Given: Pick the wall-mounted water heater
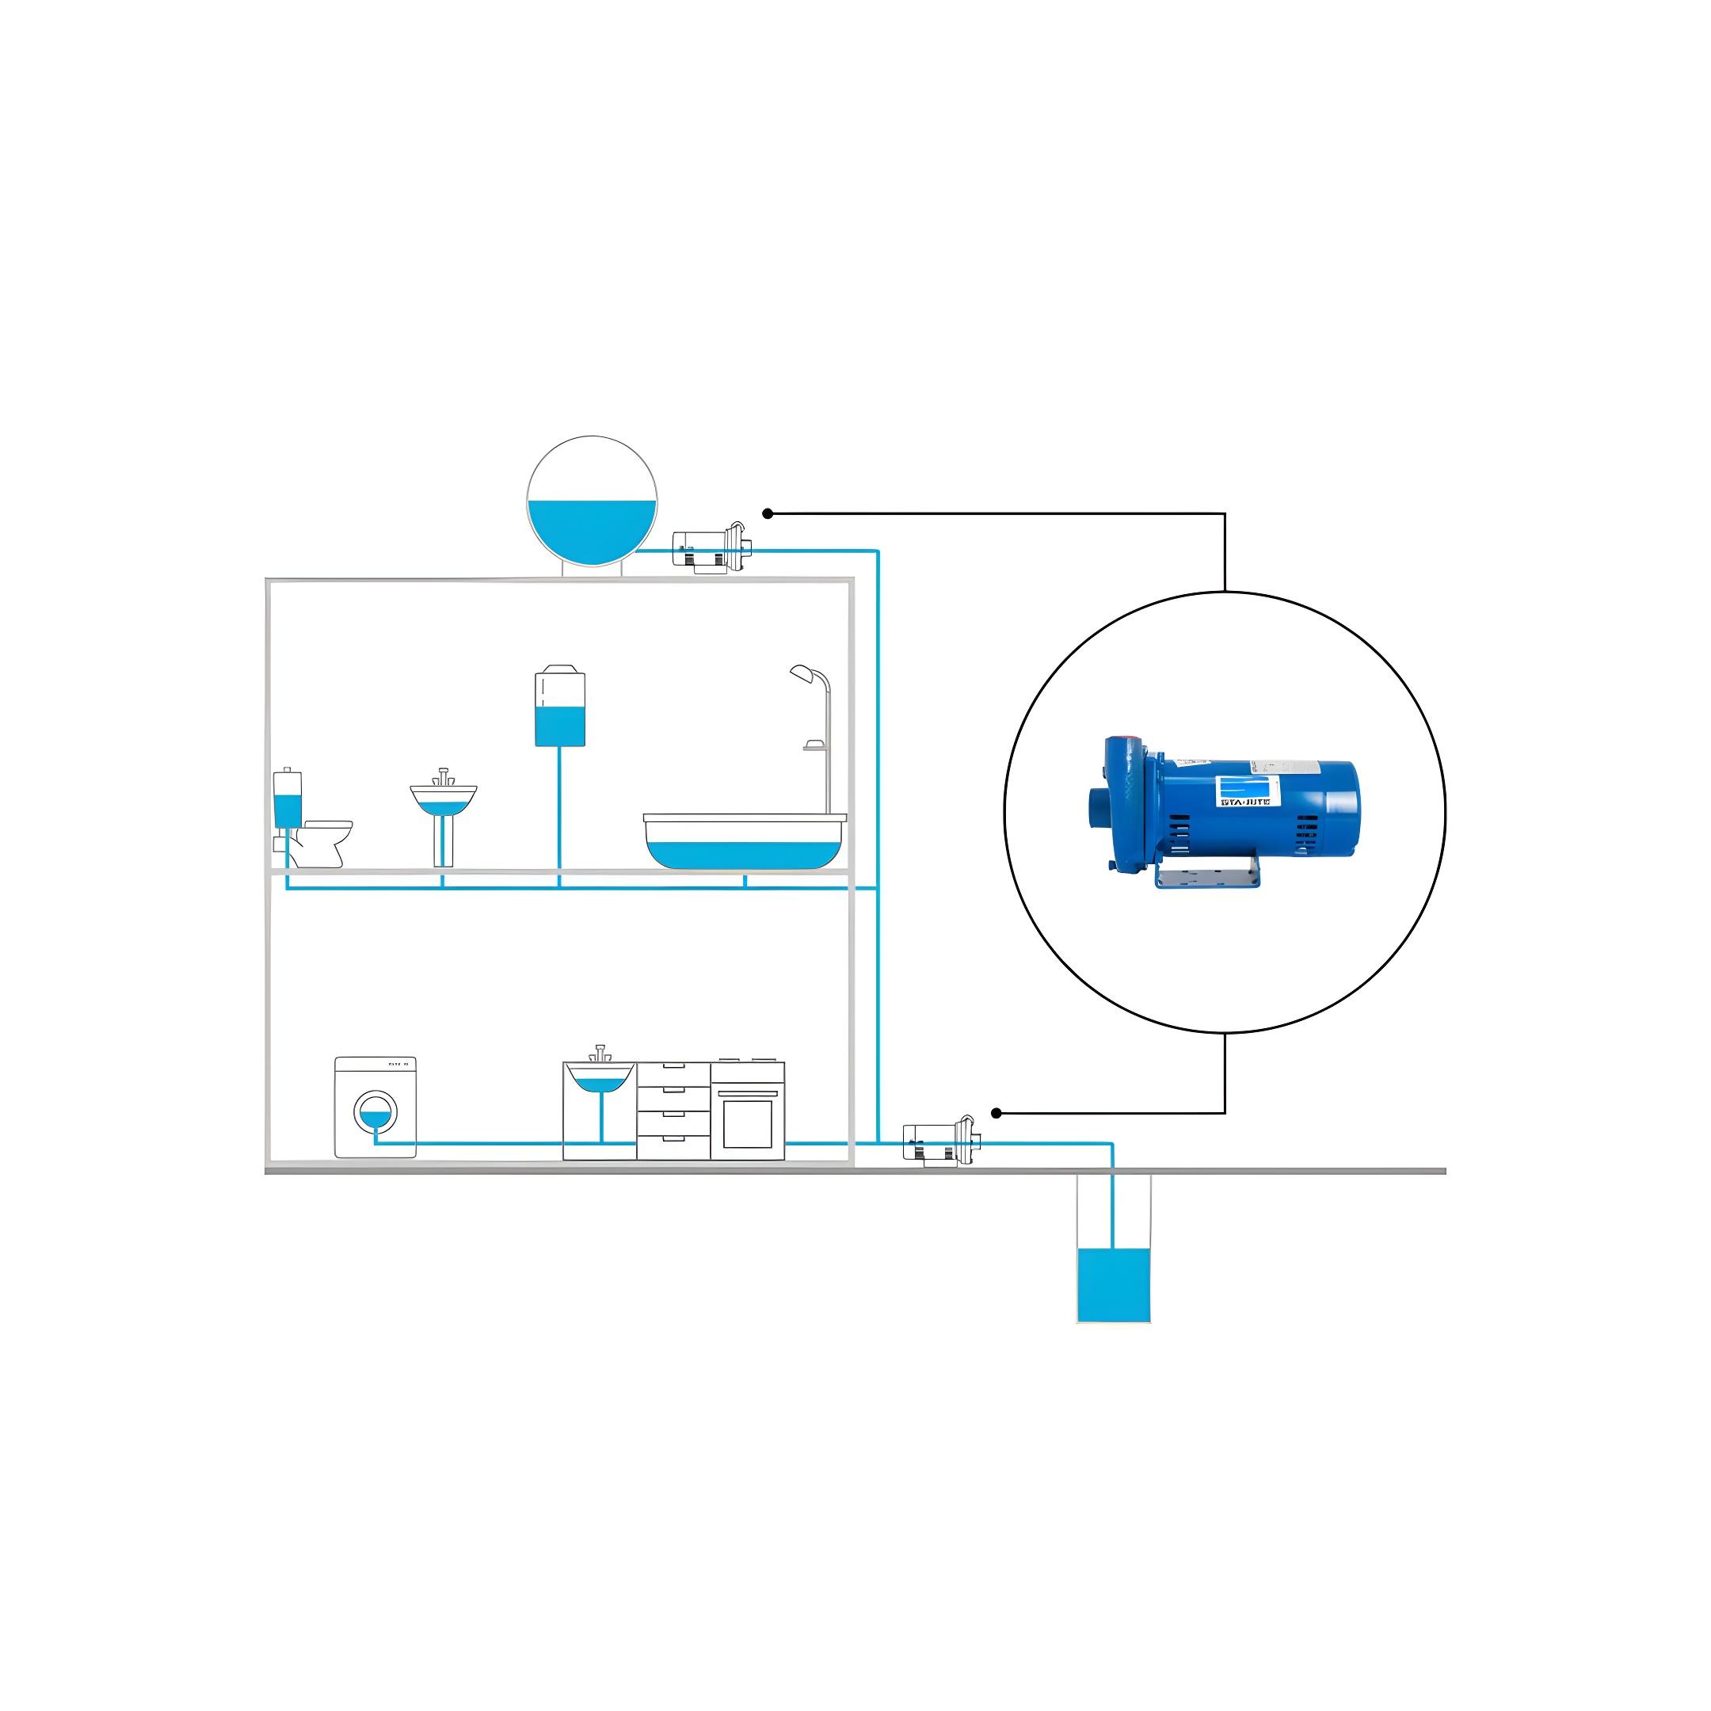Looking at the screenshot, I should click(x=560, y=708).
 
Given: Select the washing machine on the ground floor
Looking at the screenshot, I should click(x=375, y=1107).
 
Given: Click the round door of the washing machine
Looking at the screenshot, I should click(x=375, y=1112).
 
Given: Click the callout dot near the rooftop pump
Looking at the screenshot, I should click(x=768, y=513).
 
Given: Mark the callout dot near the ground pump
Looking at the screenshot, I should click(x=996, y=1113).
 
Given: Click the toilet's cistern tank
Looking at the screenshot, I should click(x=288, y=800).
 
